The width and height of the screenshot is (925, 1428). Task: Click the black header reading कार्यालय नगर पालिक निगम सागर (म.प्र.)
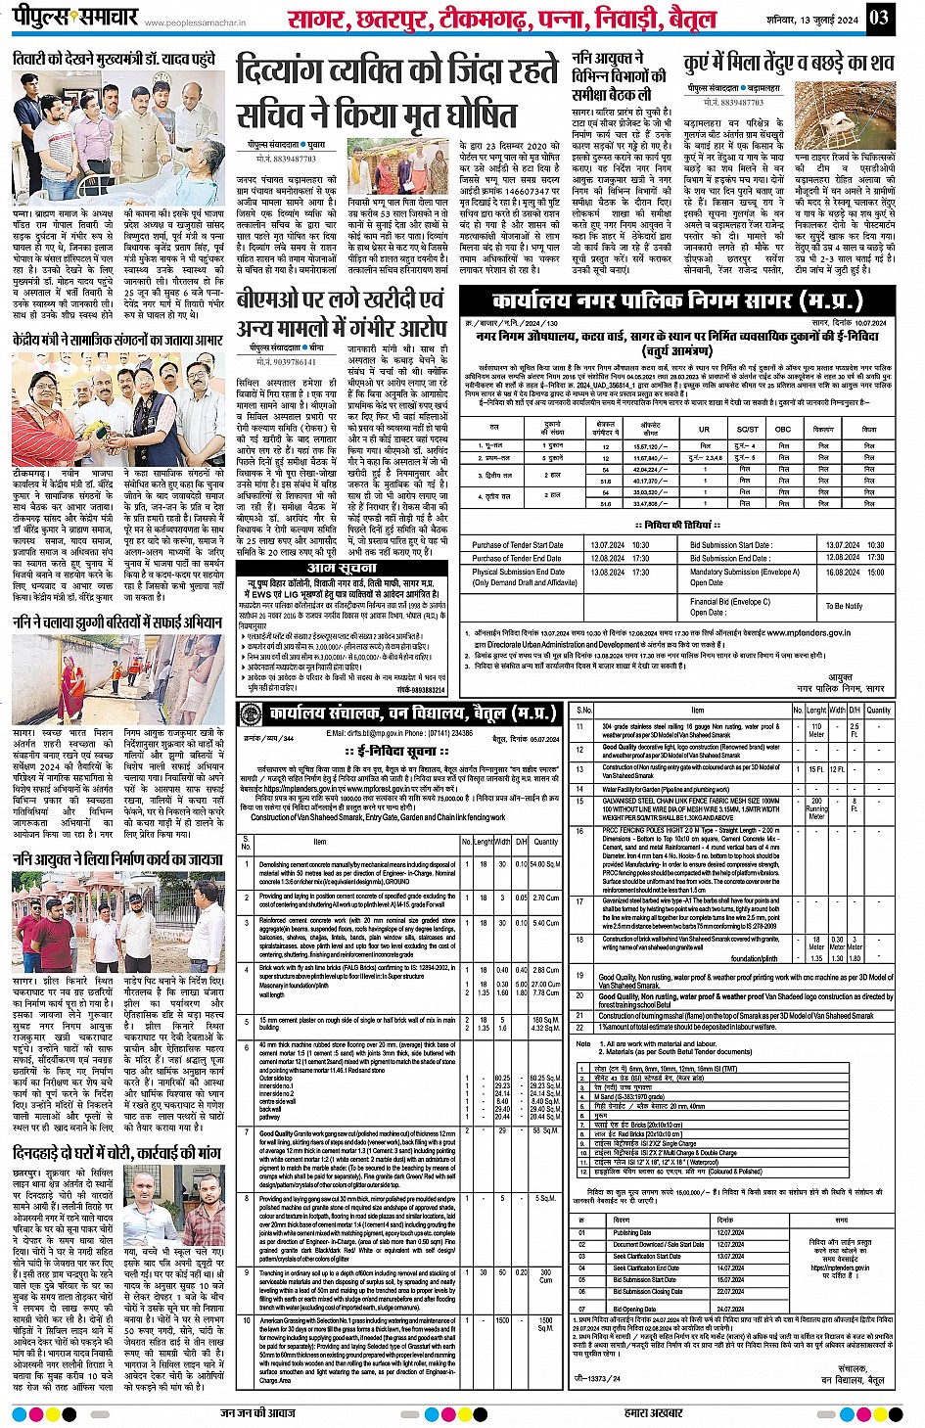tap(676, 299)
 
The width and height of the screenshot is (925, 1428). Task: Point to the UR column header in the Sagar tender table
tap(703, 429)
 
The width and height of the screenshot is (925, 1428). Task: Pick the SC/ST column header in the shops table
tap(747, 429)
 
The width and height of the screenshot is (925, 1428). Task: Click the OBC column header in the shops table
tap(783, 429)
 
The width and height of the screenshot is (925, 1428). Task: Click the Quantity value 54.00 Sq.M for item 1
tap(544, 864)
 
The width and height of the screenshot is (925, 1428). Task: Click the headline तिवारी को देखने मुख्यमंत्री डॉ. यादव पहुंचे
tap(114, 61)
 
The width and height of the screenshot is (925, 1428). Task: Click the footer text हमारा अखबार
tap(655, 1412)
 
